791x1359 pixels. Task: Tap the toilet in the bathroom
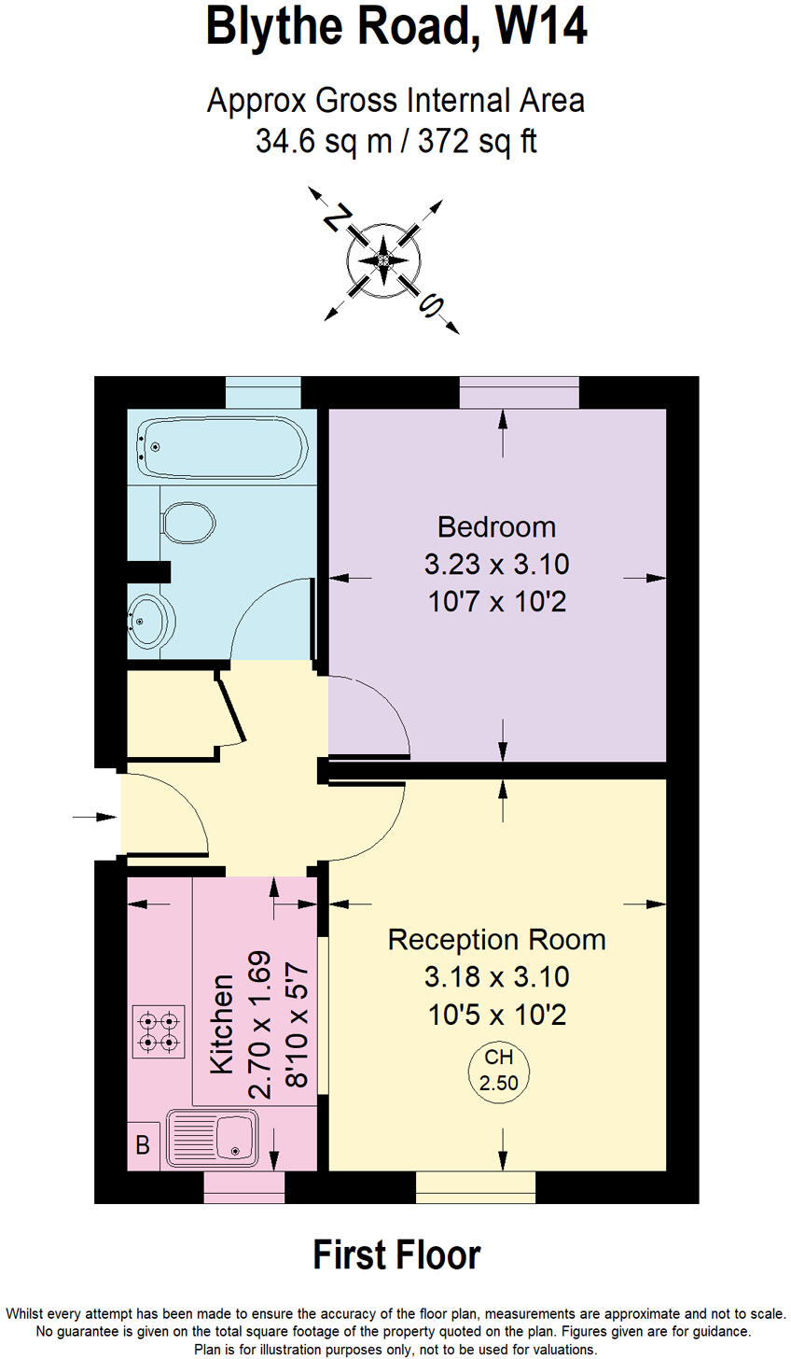(188, 523)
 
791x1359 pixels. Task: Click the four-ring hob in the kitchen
(158, 1031)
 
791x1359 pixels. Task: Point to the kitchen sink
(213, 1138)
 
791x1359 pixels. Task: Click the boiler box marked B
(143, 1145)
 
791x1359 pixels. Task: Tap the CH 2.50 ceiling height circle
(497, 1071)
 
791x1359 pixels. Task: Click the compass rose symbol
(382, 259)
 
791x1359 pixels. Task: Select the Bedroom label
(496, 527)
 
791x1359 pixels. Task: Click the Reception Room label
(496, 939)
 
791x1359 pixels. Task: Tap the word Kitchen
(222, 1024)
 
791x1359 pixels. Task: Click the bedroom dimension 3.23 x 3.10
(496, 565)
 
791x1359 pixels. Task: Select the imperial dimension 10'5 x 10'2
(496, 1015)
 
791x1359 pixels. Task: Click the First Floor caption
(396, 1255)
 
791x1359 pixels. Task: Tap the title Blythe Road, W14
(396, 28)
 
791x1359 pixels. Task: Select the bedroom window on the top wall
(519, 393)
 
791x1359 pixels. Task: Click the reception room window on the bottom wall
(476, 1186)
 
